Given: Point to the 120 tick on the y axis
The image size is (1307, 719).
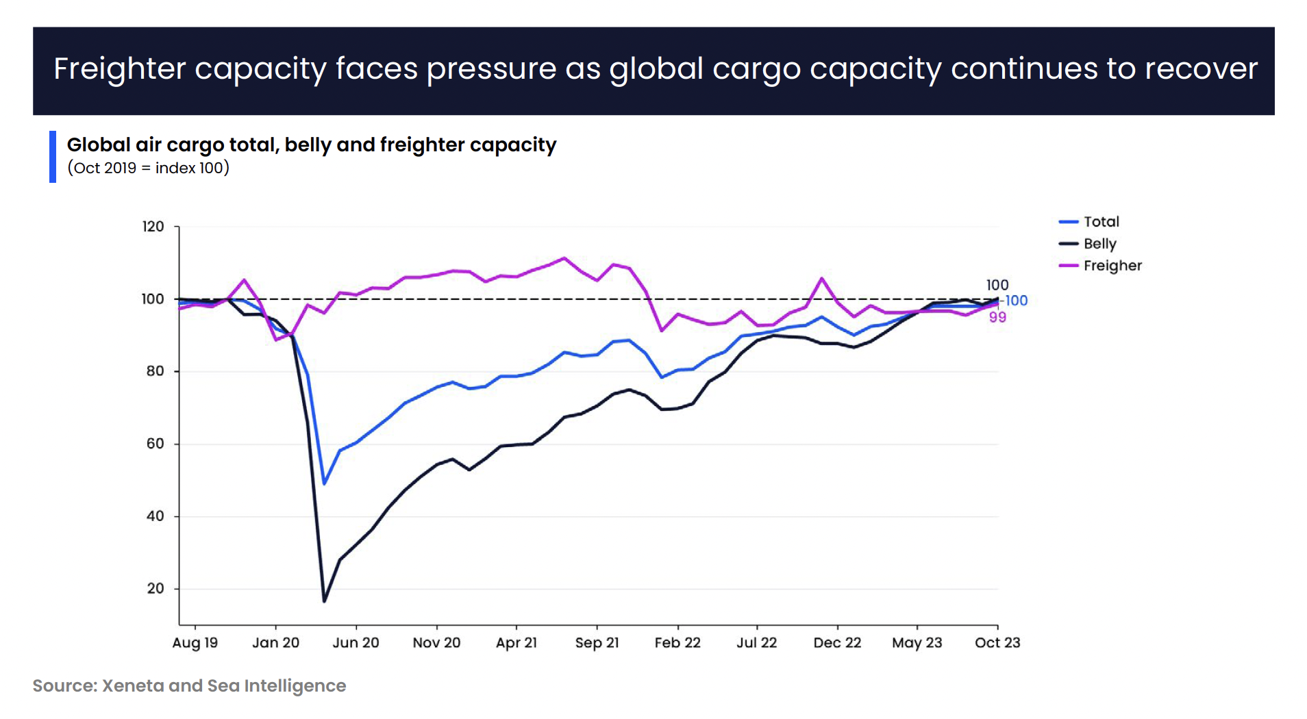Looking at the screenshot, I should point(153,227).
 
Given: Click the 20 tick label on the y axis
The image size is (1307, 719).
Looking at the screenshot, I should point(155,589).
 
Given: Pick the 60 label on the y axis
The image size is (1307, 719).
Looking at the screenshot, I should point(155,444).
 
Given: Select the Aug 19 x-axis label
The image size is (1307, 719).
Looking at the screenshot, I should point(195,643).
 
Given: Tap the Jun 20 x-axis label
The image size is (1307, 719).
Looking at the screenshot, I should point(356,643).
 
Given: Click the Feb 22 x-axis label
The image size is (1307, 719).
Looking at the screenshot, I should point(677,643).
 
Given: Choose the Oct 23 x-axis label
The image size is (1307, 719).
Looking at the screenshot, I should point(997,643).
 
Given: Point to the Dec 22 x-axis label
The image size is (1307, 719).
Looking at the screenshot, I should point(837,643).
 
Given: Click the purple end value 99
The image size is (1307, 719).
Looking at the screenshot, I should point(997,318).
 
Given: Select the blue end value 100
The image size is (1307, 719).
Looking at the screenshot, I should point(1016,301).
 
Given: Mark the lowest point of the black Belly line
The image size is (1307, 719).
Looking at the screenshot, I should point(324,601).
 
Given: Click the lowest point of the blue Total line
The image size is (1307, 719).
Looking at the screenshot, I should point(324,484).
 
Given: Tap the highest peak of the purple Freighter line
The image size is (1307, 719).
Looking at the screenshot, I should point(564,258).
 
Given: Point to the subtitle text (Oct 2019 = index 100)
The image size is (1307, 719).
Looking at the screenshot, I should point(148,168).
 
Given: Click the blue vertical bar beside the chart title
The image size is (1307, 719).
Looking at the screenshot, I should point(53,157).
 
